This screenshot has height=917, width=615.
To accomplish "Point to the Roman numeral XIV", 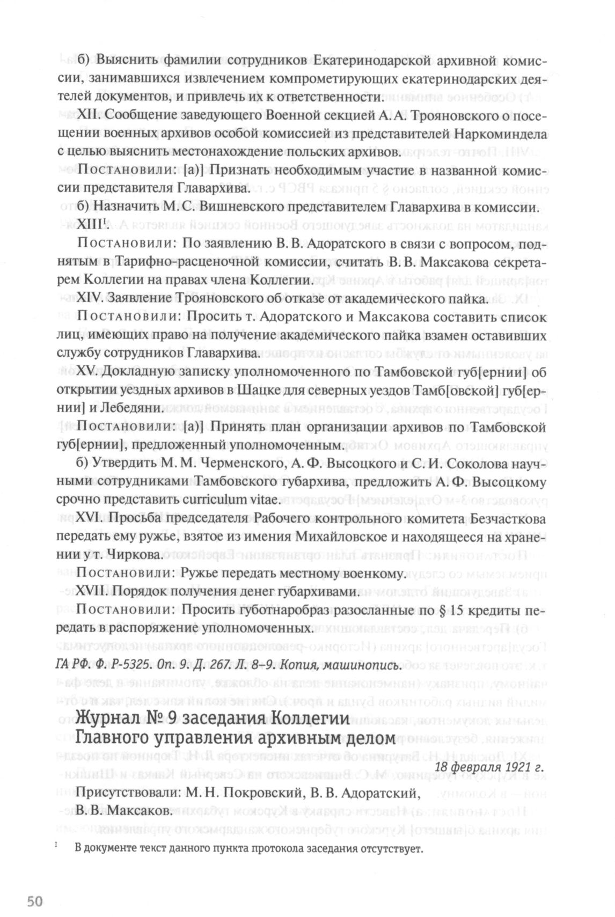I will click(x=90, y=298).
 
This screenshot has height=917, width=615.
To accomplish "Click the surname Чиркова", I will click(x=131, y=555).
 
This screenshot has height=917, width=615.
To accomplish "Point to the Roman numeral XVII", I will click(x=93, y=592).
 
